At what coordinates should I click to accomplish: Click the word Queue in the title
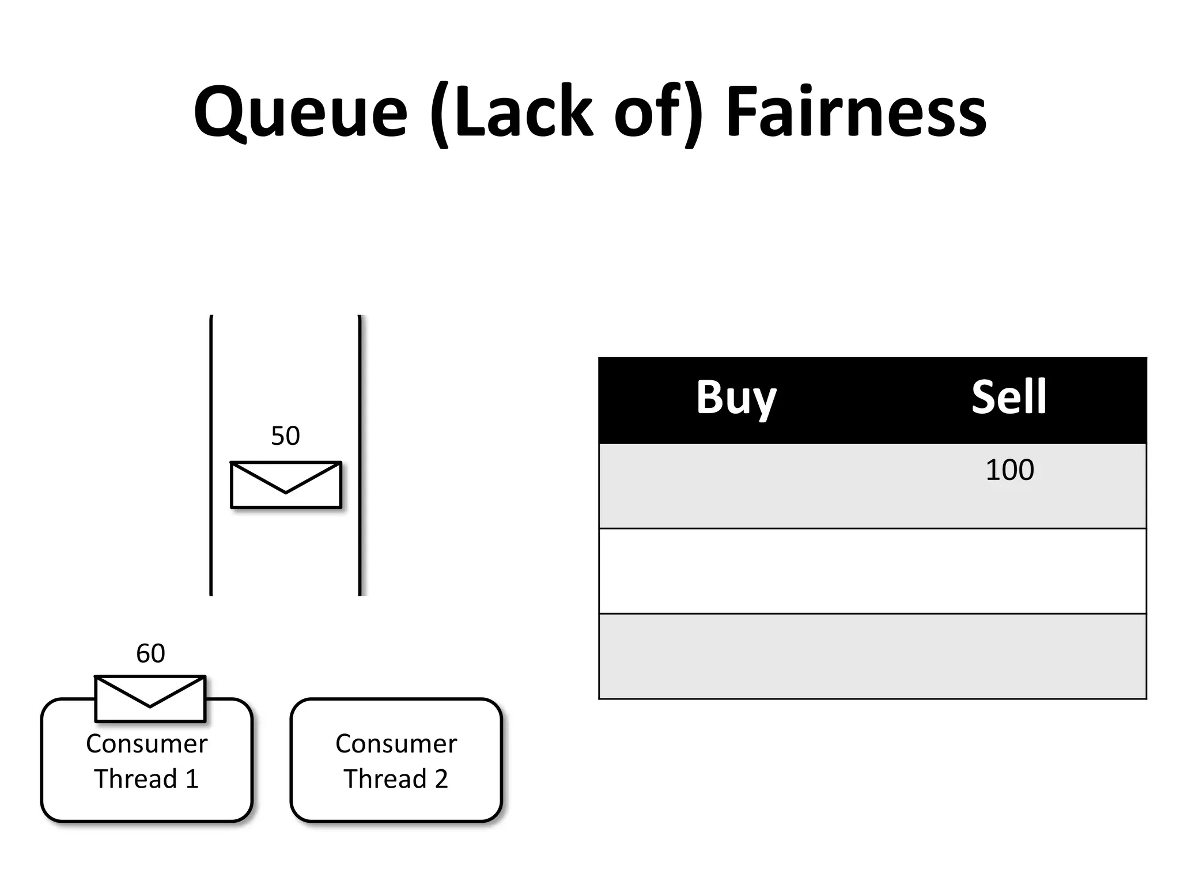(301, 112)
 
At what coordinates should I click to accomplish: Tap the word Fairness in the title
(856, 112)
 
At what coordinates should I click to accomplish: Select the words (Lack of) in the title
(566, 112)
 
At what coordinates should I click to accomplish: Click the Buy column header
(736, 398)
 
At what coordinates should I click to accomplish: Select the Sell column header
(1009, 398)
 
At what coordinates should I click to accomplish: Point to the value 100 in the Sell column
(1009, 470)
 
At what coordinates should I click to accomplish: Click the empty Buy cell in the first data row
(736, 485)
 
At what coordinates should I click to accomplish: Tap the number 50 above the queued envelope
(285, 436)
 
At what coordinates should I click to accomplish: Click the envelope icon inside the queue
(286, 485)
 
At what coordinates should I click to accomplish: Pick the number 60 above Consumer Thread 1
(150, 654)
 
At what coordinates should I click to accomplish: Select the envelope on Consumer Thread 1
(150, 698)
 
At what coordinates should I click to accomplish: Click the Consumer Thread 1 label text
(146, 761)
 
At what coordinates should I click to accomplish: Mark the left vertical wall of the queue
(211, 455)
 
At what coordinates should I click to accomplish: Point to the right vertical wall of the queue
(360, 455)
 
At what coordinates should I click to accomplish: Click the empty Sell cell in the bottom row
(1009, 656)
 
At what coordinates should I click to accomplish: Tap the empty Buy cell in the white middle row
(736, 571)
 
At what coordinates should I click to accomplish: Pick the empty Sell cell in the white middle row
(1009, 571)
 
